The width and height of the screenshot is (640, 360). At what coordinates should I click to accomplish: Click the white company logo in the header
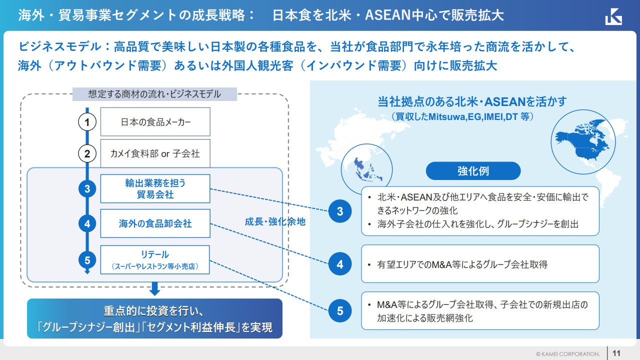613,16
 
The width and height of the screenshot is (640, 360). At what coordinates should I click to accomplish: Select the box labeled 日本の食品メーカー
155,122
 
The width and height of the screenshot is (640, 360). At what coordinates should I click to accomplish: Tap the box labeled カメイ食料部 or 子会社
155,153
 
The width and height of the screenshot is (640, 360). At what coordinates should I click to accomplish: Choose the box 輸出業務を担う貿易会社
155,188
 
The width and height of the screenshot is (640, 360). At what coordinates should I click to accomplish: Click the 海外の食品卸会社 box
155,223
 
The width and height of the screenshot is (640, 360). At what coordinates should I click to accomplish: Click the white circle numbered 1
87,122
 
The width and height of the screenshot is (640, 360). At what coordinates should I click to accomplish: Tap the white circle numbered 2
87,153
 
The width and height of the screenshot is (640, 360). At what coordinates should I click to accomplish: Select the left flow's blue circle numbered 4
87,223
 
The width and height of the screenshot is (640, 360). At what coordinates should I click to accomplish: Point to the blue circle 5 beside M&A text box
340,311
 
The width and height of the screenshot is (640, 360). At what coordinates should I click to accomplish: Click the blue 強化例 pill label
473,171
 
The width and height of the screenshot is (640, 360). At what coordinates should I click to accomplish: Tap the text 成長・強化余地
275,222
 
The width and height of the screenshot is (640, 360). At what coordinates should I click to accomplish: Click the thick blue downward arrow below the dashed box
154,288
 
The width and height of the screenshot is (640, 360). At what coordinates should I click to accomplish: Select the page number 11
616,353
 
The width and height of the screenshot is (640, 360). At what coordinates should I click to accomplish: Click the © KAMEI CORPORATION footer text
567,353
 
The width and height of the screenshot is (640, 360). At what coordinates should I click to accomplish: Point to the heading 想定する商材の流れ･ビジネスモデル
154,94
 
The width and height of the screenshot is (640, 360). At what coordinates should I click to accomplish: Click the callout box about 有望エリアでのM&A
480,264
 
